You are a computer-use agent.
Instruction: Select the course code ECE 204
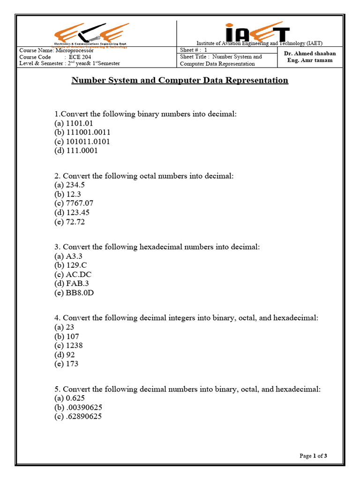pos(82,57)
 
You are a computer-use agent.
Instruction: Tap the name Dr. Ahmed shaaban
pos(310,53)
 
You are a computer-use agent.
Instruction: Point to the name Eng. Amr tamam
pos(310,61)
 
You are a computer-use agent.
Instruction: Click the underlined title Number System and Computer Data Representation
pos(180,80)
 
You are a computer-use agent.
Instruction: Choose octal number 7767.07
pos(80,203)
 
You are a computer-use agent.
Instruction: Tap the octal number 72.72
pos(75,222)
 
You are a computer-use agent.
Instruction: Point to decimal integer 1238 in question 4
pos(74,345)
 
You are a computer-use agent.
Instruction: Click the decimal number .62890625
pos(84,416)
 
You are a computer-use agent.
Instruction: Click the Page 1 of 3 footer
pos(313,456)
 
